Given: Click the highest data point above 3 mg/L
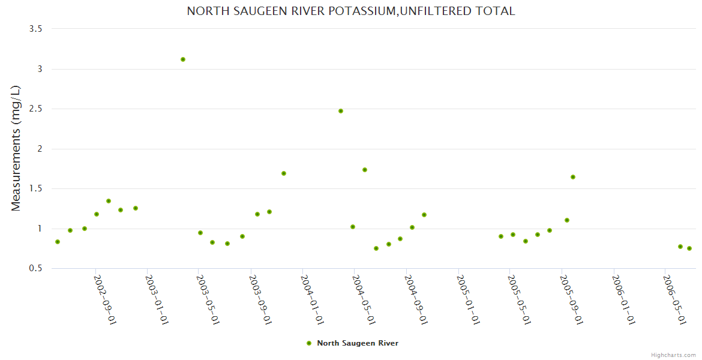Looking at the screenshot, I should pyautogui.click(x=183, y=59).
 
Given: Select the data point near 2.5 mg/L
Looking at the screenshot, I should pyautogui.click(x=341, y=111).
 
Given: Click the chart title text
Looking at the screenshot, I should pyautogui.click(x=350, y=11).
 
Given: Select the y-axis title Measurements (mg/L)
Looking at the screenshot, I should pyautogui.click(x=16, y=148).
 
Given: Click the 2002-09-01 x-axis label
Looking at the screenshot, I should pyautogui.click(x=105, y=300).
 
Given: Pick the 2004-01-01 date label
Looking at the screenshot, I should pyautogui.click(x=313, y=300).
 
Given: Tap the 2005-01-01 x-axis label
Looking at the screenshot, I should pyautogui.click(x=468, y=300).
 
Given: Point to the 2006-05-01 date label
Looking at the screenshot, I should pyautogui.click(x=675, y=300).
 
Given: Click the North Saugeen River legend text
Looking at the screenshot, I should pyautogui.click(x=358, y=343).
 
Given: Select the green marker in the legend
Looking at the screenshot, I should pyautogui.click(x=309, y=343).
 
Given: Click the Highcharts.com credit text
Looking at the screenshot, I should pyautogui.click(x=674, y=355).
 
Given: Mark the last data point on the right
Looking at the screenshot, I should pyautogui.click(x=689, y=248).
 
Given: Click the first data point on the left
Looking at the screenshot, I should pyautogui.click(x=58, y=242).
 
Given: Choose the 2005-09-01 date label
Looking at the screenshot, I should pyautogui.click(x=572, y=300).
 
